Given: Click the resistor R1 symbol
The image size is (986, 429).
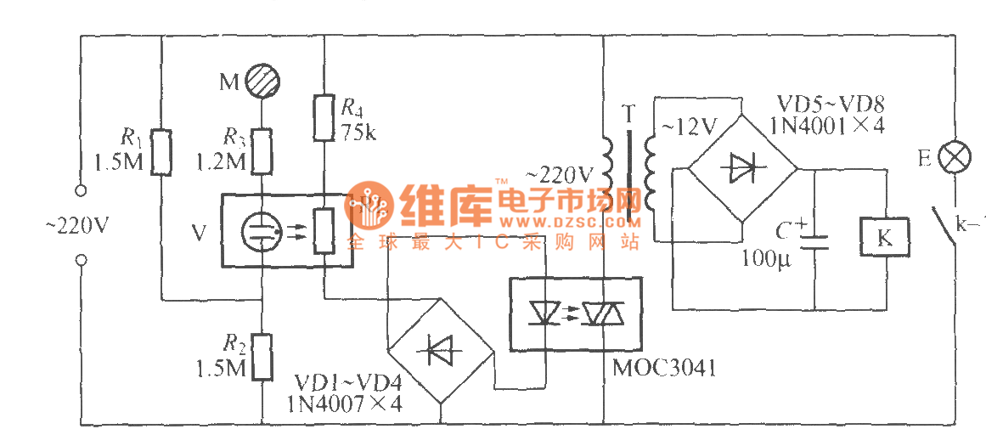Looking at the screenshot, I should coord(161,152).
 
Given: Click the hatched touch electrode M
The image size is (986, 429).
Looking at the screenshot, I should coord(262,82).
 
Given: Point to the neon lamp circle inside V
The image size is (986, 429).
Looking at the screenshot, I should coord(261,230).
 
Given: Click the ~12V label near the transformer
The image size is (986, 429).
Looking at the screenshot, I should coord(689,127).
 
